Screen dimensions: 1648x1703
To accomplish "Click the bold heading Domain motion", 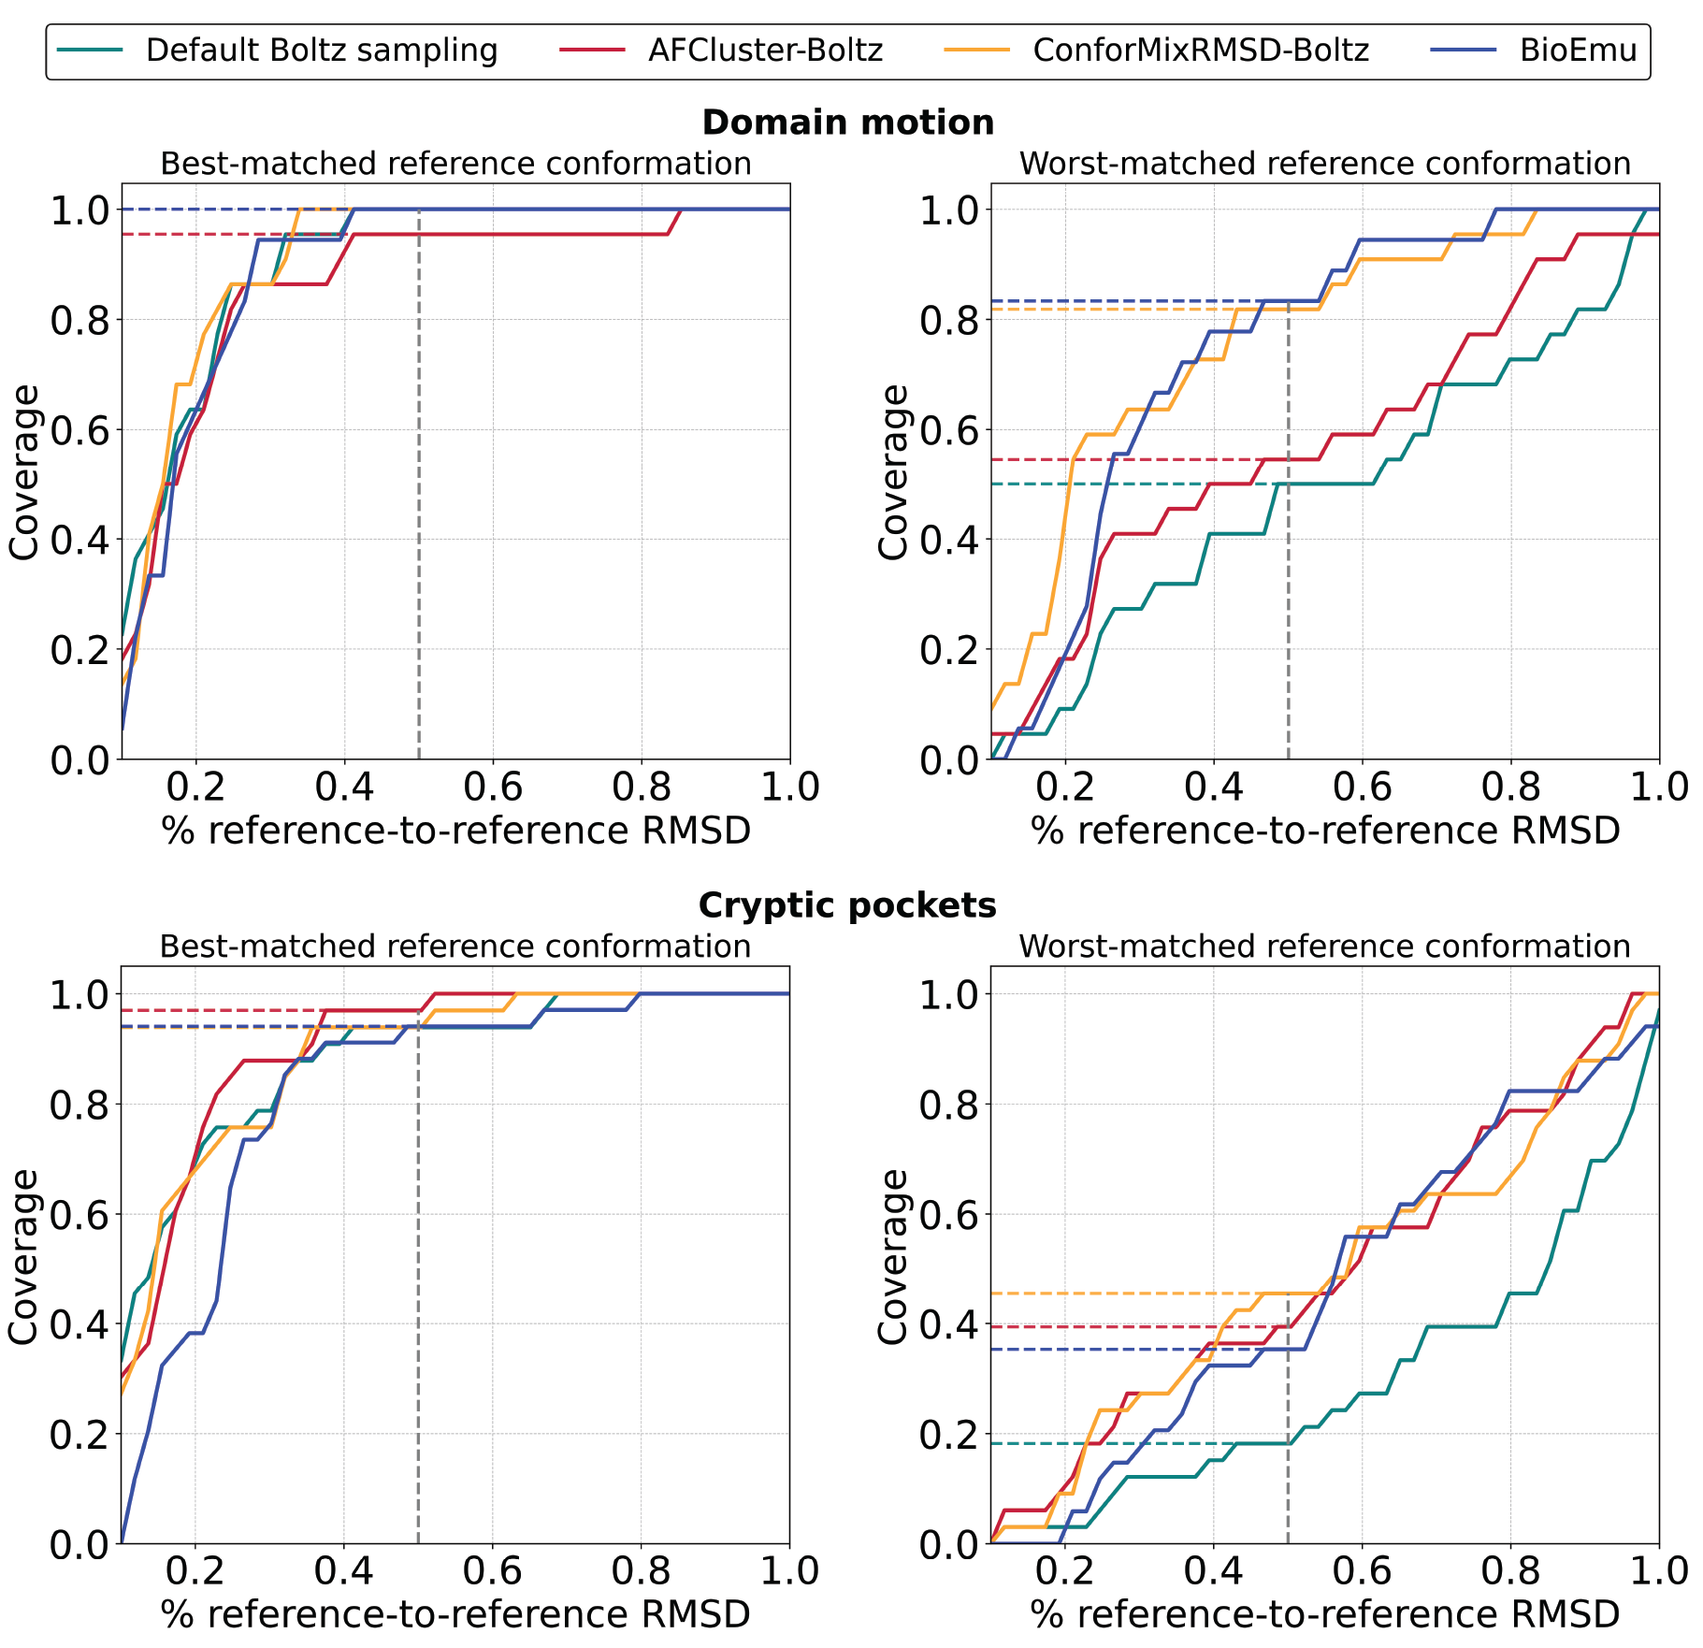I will pos(847,123).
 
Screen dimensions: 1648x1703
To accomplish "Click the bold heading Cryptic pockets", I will pos(847,905).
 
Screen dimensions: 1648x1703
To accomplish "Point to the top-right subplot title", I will pos(1324,164).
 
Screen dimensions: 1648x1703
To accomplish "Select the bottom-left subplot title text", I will pos(455,947).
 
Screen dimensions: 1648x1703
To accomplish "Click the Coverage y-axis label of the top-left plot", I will pos(25,472).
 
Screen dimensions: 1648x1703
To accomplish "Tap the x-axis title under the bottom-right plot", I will pos(1324,1614).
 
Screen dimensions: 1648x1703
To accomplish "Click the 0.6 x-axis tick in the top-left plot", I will pos(493,788).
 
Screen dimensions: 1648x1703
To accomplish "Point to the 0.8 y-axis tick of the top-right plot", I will pos(948,320).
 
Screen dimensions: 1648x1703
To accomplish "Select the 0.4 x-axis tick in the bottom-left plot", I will pos(343,1571).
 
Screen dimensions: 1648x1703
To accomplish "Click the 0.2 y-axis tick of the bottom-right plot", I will pos(948,1434).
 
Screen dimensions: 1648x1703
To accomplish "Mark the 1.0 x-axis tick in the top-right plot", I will pos(1658,788).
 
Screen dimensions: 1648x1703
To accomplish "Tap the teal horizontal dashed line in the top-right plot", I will pos(1122,484).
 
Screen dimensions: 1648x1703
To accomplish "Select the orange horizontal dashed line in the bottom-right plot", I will pos(1122,1294).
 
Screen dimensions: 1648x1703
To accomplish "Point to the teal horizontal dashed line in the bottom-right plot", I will pos(1122,1443).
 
